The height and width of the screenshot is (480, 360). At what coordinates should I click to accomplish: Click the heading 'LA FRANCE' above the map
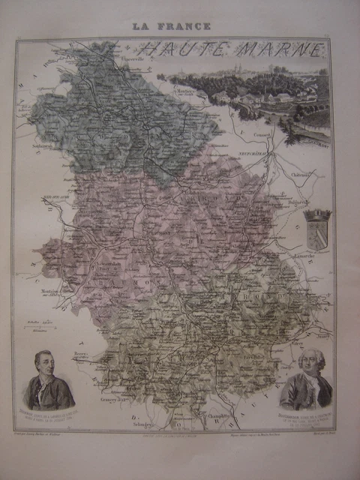click(171, 25)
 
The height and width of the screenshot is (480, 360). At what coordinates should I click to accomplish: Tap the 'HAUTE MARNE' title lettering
click(232, 50)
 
